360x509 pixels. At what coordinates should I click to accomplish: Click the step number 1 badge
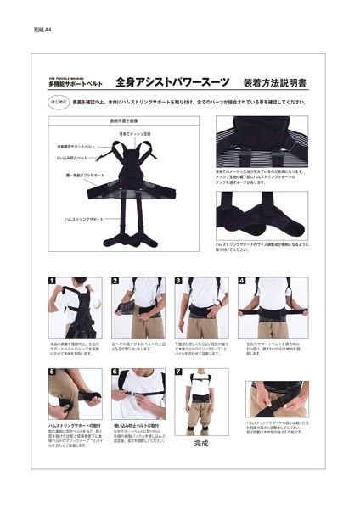(51, 282)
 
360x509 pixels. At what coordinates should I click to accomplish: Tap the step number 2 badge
(115, 282)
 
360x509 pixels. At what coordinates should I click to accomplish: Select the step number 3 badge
(178, 282)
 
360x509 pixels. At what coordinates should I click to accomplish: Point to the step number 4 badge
(242, 282)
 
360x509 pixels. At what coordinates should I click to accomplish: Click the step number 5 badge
(51, 372)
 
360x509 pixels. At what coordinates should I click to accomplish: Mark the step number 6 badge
(115, 372)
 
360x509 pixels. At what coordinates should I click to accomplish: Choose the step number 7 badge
(178, 372)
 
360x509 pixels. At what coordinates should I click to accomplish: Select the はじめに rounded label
(57, 103)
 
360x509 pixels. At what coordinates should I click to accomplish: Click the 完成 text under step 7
(200, 443)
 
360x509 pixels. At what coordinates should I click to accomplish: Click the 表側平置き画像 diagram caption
(123, 121)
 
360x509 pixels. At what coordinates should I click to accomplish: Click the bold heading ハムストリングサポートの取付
(74, 423)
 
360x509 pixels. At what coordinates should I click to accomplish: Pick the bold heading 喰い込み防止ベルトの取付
(137, 423)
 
